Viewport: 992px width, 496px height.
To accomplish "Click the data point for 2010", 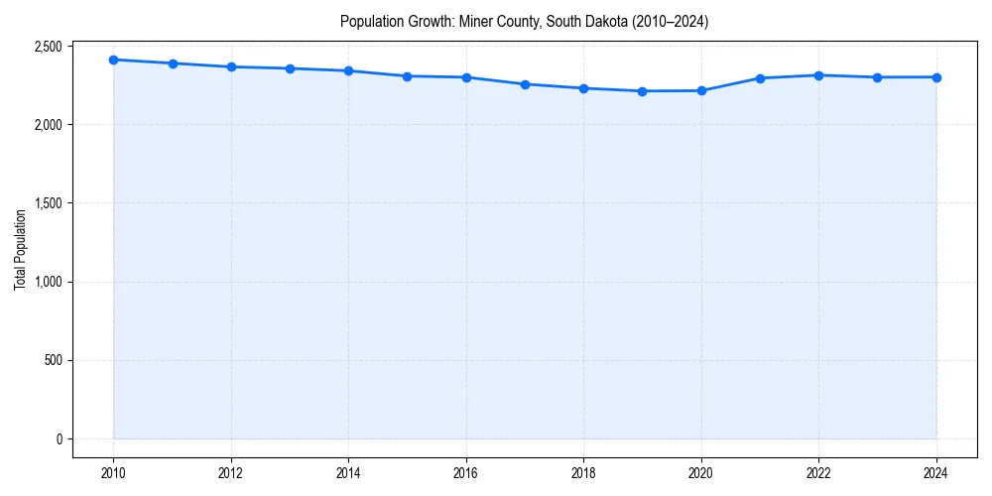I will (114, 60).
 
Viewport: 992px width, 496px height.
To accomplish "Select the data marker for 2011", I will (173, 63).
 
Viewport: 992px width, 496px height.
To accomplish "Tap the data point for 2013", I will (290, 68).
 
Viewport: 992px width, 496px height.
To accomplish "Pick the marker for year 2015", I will (408, 76).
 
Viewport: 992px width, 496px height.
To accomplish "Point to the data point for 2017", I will (525, 84).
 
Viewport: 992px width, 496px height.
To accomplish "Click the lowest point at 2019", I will (643, 91).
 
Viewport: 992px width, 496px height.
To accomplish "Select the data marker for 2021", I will (760, 77).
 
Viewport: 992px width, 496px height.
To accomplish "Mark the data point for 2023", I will (877, 77).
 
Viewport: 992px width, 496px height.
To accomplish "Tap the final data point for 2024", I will (936, 77).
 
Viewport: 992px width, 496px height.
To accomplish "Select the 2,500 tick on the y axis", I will (48, 47).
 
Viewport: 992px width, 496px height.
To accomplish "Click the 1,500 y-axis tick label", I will (48, 203).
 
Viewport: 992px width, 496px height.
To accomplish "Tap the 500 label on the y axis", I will (53, 360).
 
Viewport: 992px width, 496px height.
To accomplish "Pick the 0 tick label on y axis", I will (59, 438).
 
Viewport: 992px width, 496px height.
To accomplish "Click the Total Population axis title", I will (20, 249).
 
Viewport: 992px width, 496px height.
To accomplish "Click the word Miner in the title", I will (477, 21).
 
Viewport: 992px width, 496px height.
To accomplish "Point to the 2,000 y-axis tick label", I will (48, 125).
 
